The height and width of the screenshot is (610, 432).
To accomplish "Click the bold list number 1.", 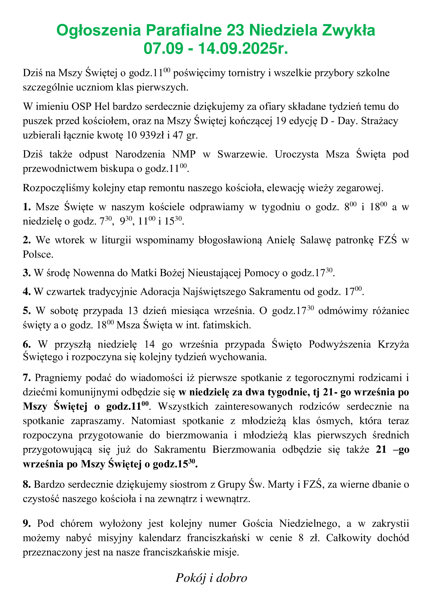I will (27, 207).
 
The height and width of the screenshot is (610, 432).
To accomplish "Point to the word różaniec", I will (390, 311).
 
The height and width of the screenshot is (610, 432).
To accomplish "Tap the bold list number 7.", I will (27, 378).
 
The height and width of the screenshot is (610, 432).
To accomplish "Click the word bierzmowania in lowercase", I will (197, 435).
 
